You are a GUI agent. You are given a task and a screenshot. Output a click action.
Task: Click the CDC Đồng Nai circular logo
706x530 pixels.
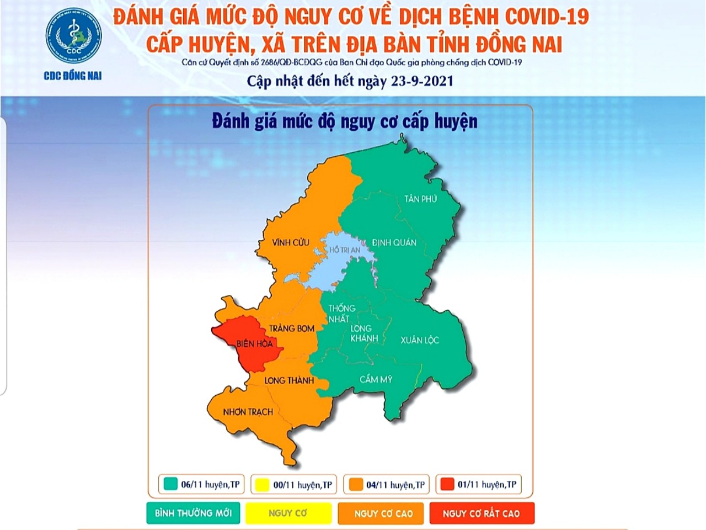tap(73, 35)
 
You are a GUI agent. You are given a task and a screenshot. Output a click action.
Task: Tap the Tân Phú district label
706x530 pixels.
tap(420, 199)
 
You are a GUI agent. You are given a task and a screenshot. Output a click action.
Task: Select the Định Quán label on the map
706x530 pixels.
tap(394, 242)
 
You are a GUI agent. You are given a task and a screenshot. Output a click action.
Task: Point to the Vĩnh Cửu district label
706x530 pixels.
tap(290, 242)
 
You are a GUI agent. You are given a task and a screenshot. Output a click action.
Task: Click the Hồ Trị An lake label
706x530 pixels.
tap(344, 250)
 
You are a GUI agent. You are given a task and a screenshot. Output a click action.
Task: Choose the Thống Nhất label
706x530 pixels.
tap(341, 314)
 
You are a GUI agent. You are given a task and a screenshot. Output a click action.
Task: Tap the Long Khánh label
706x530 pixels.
tap(364, 333)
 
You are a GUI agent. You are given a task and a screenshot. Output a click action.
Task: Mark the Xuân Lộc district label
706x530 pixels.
tap(419, 340)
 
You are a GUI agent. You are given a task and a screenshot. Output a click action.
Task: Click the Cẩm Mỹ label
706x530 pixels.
tap(376, 379)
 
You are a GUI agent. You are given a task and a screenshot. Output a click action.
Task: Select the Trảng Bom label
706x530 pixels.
tap(291, 328)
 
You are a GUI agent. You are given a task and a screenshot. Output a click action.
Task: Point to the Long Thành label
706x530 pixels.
tap(288, 380)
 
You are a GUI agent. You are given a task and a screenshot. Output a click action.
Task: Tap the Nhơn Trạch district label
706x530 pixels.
tap(248, 412)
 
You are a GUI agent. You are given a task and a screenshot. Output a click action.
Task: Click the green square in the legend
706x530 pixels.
tap(170, 484)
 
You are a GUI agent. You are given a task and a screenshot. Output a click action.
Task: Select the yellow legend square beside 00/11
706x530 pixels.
tap(262, 485)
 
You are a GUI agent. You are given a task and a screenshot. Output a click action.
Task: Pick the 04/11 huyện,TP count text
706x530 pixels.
tap(395, 485)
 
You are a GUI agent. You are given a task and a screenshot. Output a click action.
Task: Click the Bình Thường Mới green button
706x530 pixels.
tap(193, 513)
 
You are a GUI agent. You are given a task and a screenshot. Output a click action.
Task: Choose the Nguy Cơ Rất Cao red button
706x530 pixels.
tap(481, 513)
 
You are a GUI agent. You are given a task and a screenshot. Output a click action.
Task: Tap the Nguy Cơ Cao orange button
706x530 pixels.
tap(383, 513)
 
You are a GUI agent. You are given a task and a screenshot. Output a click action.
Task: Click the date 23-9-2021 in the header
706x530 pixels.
tap(422, 81)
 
